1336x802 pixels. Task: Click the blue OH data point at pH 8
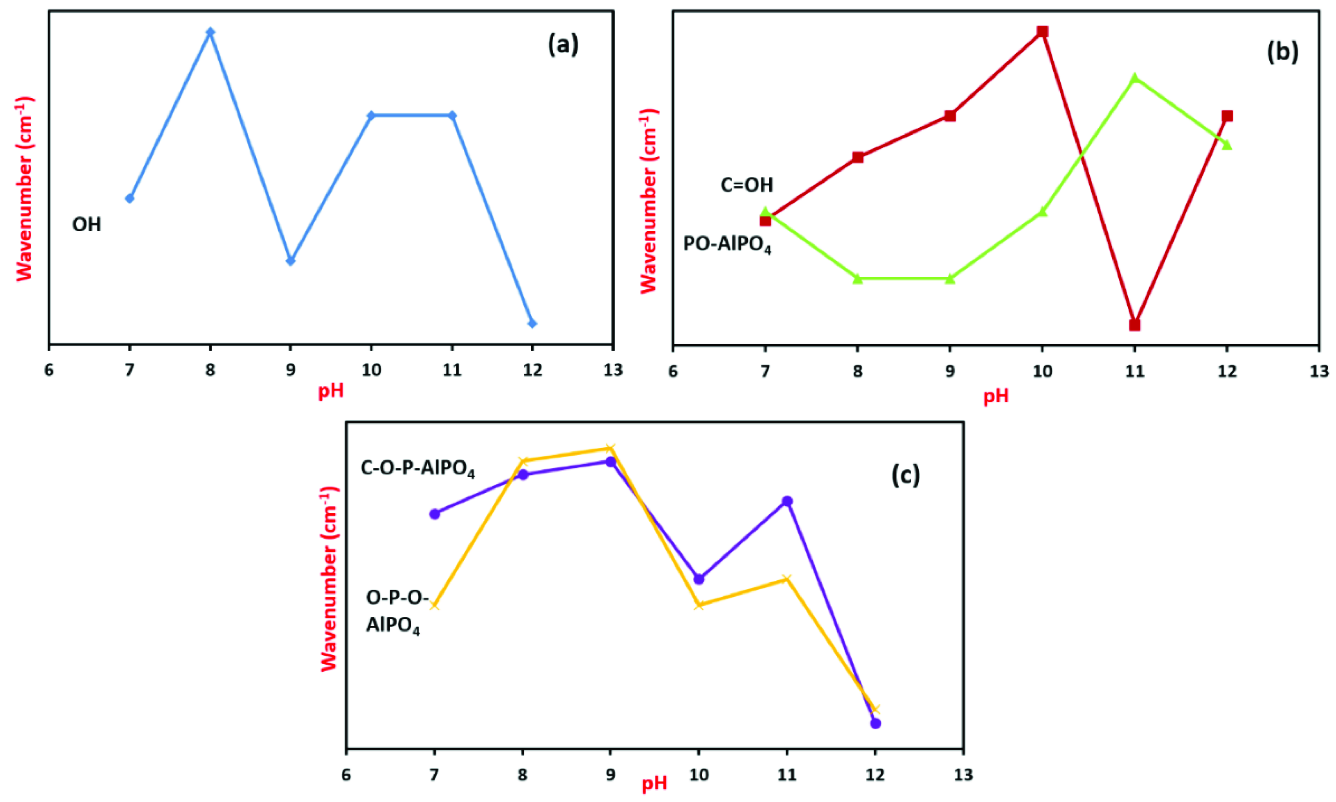pyautogui.click(x=211, y=32)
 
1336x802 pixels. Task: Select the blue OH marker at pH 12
pyautogui.click(x=532, y=323)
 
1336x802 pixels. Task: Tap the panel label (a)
pyautogui.click(x=563, y=44)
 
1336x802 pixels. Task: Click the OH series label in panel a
pyautogui.click(x=87, y=224)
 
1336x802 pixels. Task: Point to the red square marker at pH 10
pyautogui.click(x=1042, y=32)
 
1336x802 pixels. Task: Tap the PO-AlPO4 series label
pyautogui.click(x=727, y=245)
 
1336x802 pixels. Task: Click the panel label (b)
pyautogui.click(x=1283, y=53)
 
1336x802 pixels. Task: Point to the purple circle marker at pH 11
pyautogui.click(x=787, y=501)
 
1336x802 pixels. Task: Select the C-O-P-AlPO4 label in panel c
pyautogui.click(x=417, y=469)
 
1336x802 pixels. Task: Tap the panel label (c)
pyautogui.click(x=905, y=475)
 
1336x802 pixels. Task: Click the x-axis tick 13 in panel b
pyautogui.click(x=1319, y=371)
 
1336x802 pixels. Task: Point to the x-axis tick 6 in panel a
pyautogui.click(x=49, y=370)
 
